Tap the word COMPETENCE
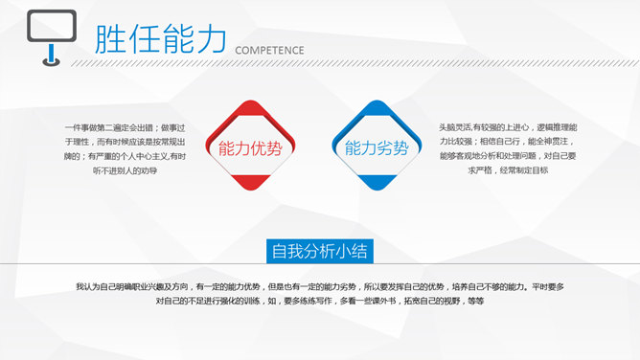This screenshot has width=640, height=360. [269, 51]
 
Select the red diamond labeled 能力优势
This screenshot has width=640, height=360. [250, 147]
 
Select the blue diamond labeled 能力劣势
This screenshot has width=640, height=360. [376, 147]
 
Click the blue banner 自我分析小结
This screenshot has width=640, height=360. [320, 251]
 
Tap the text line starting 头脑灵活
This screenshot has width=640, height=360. [508, 127]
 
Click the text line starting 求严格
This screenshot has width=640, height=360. [508, 170]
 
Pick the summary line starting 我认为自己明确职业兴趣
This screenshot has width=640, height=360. [320, 286]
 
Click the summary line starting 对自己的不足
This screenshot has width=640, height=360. [320, 302]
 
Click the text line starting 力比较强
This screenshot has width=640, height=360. [508, 142]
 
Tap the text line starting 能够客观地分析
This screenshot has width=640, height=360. [508, 156]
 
